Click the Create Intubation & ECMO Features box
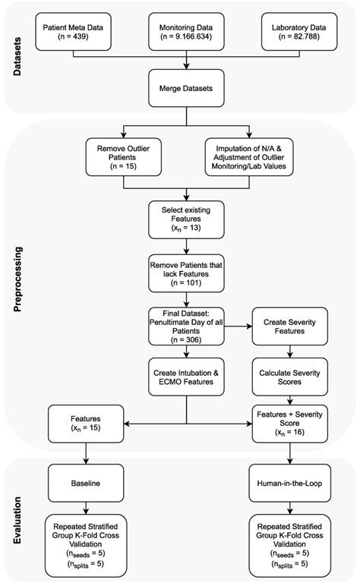(185, 376)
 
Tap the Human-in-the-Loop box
(289, 481)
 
